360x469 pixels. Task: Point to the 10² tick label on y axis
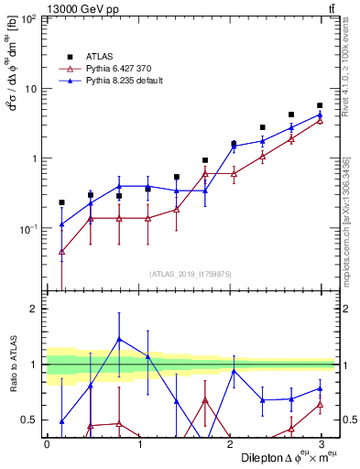[x=29, y=19]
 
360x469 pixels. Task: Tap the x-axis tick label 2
[x=230, y=444]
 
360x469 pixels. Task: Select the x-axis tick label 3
[x=322, y=444]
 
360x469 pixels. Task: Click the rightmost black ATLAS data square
[x=320, y=106]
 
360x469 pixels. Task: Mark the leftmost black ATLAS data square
[x=61, y=202]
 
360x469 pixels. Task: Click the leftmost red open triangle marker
[x=61, y=251]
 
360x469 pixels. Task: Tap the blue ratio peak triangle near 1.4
[x=119, y=339]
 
